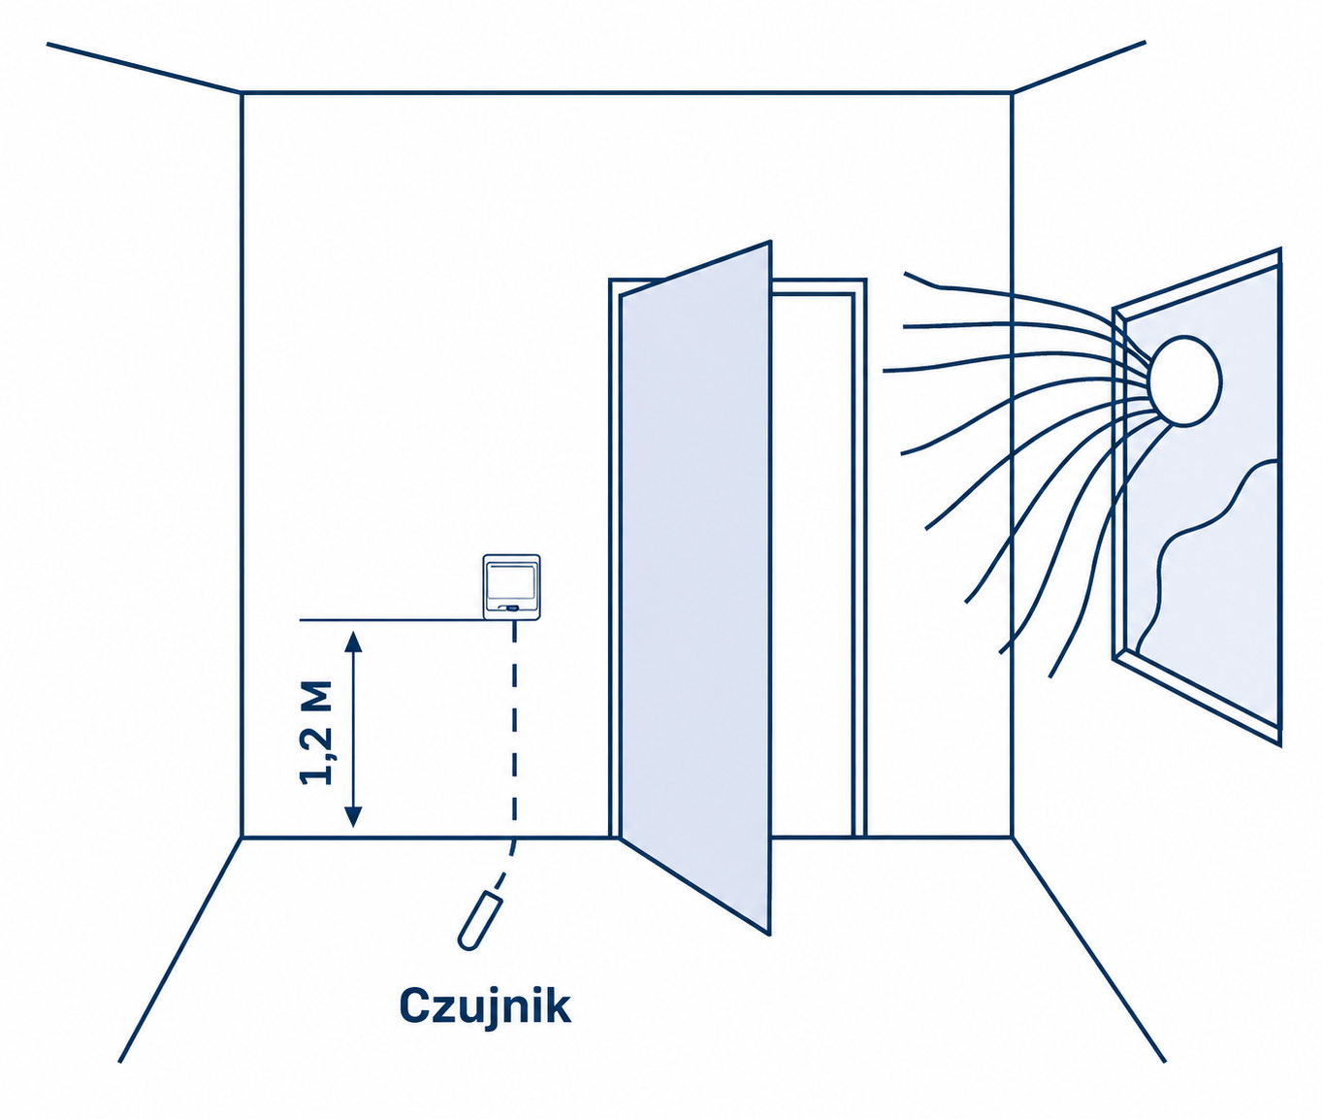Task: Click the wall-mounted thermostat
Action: pos(511,587)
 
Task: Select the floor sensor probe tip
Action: pos(480,918)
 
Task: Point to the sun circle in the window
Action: pos(1185,381)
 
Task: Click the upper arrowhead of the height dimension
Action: pos(353,642)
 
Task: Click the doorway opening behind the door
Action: pos(812,565)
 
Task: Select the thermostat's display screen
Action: pos(511,582)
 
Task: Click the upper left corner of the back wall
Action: pos(242,93)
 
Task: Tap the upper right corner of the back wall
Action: pos(1012,93)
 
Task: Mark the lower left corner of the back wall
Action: pos(242,837)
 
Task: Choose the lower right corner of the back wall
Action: pos(1012,836)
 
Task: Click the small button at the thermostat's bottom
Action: pos(509,610)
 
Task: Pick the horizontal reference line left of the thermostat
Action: pos(391,620)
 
